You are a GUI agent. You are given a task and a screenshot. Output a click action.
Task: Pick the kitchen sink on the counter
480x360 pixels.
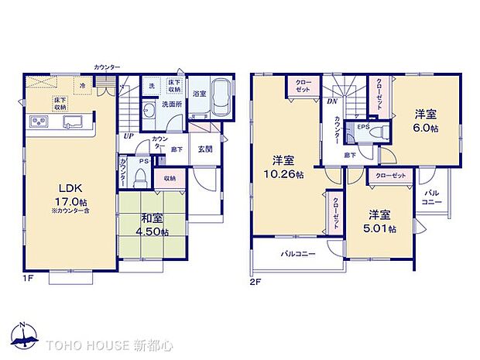[x=74, y=122]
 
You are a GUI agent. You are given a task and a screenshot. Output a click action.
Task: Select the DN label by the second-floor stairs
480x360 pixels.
[x=331, y=101]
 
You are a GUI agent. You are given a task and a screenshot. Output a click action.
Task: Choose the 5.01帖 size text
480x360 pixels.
[x=382, y=229]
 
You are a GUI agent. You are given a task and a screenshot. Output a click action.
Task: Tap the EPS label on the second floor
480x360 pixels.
[x=362, y=125]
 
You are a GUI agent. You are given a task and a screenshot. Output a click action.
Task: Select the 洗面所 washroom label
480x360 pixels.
[x=170, y=103]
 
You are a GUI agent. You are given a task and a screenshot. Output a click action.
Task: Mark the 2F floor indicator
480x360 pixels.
[x=255, y=282]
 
